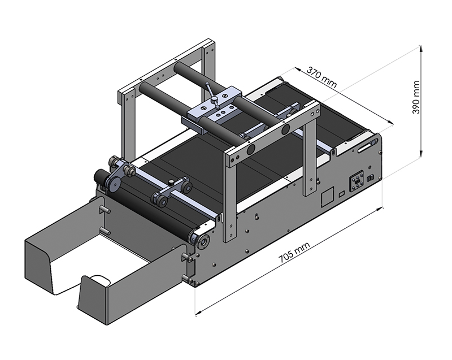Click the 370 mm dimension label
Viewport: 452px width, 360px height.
[321, 77]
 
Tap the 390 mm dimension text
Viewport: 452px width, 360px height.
[416, 97]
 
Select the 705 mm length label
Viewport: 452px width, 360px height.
[294, 252]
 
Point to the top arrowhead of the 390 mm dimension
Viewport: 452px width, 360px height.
[421, 49]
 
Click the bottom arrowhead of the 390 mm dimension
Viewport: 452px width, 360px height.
[421, 154]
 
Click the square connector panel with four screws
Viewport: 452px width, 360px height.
[357, 181]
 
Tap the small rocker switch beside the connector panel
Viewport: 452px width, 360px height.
[370, 178]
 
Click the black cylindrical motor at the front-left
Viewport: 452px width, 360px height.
[102, 176]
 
